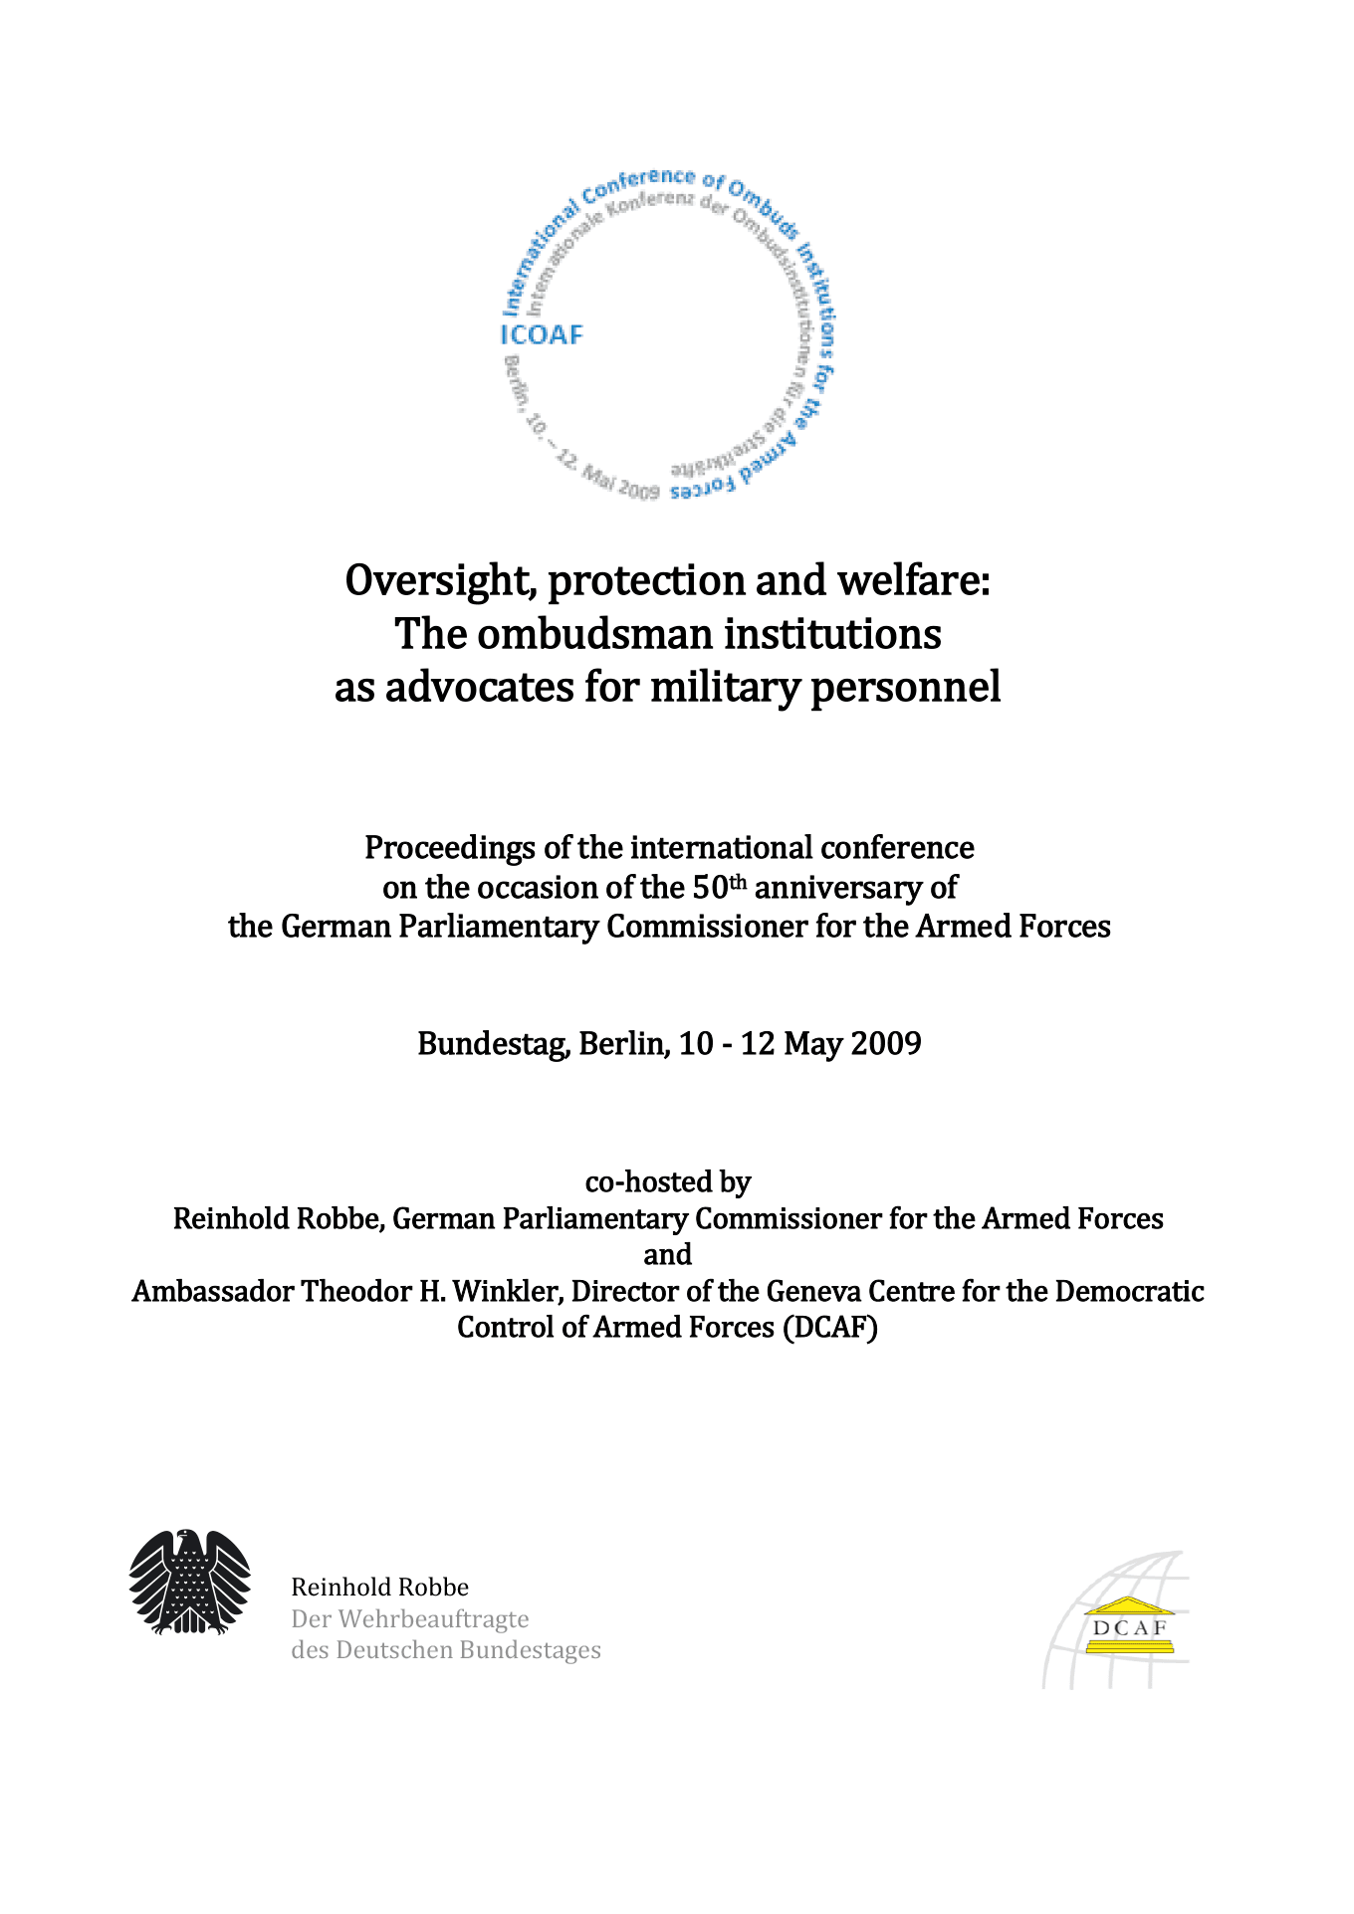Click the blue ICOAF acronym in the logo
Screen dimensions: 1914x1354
[542, 334]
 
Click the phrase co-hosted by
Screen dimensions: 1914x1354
[667, 1181]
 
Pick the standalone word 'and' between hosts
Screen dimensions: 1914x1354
[667, 1254]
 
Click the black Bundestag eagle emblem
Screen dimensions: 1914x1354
[189, 1582]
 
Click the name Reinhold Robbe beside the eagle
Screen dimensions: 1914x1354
[379, 1587]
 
